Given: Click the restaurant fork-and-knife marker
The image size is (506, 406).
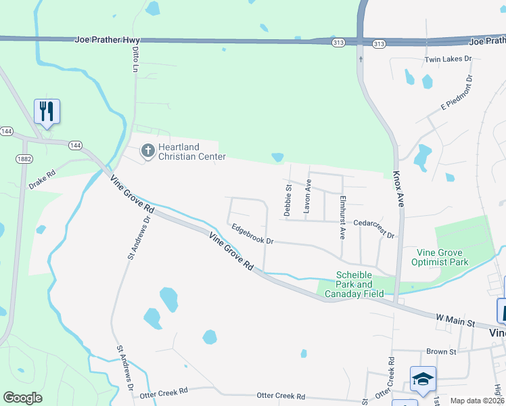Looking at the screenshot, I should (47, 111).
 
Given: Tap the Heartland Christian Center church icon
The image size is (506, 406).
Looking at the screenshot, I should (147, 151).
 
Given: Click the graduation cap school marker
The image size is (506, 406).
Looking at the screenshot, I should (423, 380).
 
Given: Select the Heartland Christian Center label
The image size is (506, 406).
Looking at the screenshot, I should (191, 152).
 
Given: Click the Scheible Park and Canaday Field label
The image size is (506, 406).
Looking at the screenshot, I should (354, 284).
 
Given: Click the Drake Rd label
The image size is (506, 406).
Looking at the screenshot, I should (41, 181).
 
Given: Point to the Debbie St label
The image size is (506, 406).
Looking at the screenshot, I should (288, 200).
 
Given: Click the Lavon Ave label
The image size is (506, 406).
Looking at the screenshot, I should (307, 197).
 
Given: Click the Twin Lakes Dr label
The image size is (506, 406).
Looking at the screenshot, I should (448, 60).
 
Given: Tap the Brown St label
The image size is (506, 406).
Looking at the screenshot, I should (442, 352).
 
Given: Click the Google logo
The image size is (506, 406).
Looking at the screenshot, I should (23, 398).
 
